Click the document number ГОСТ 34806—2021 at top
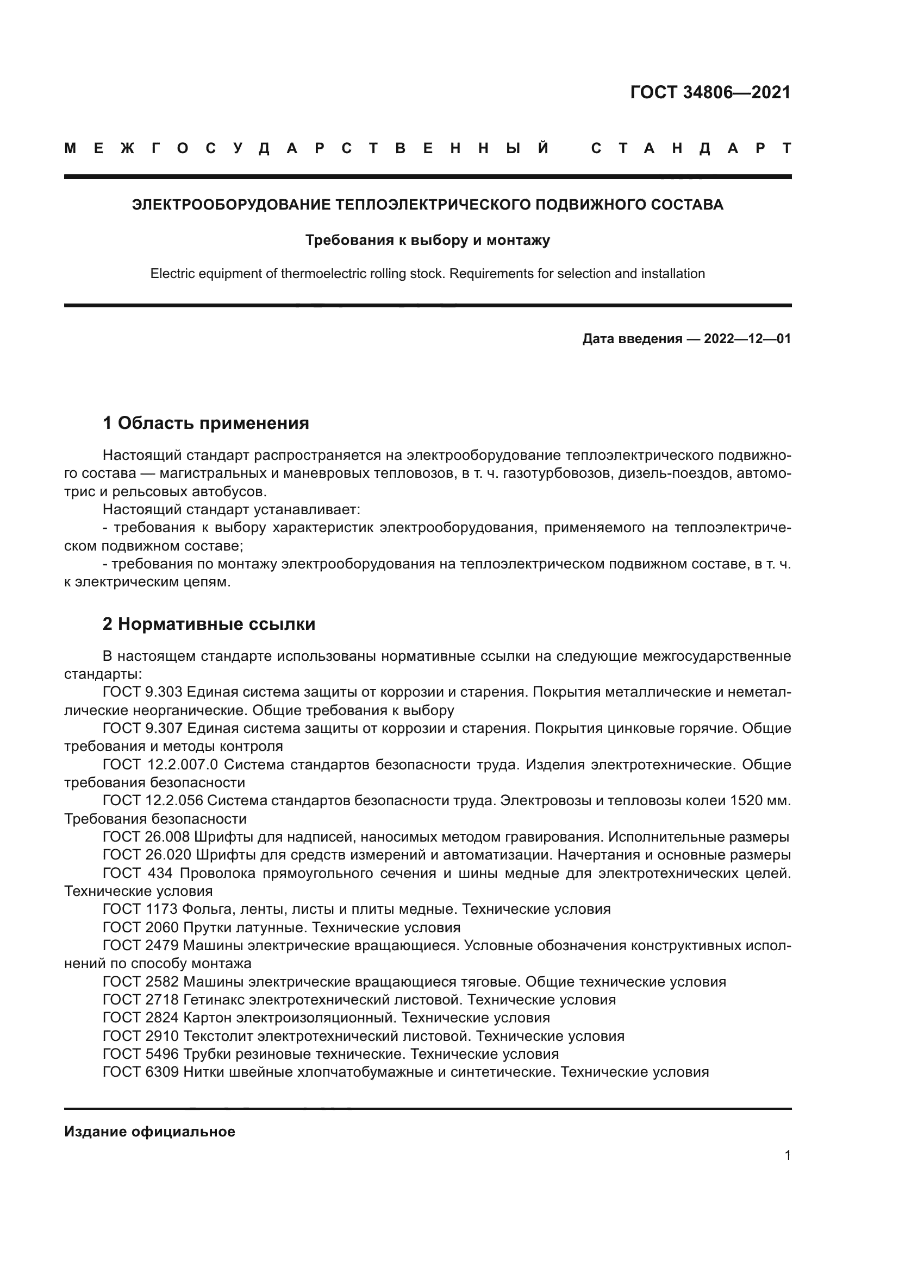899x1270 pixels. [x=710, y=92]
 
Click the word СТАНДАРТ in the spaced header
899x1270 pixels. [x=691, y=148]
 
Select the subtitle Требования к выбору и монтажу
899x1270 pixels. [x=427, y=241]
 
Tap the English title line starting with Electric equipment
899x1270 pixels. [x=427, y=274]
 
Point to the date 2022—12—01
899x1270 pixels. [x=747, y=338]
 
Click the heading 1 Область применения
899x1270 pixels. [x=206, y=424]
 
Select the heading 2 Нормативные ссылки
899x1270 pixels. [x=209, y=624]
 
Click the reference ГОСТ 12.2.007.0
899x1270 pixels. [x=160, y=765]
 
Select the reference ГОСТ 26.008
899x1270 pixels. [x=146, y=837]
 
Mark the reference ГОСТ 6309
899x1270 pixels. [x=141, y=1072]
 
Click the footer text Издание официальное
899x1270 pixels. [x=149, y=1132]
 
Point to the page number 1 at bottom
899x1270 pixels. [x=787, y=1155]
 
